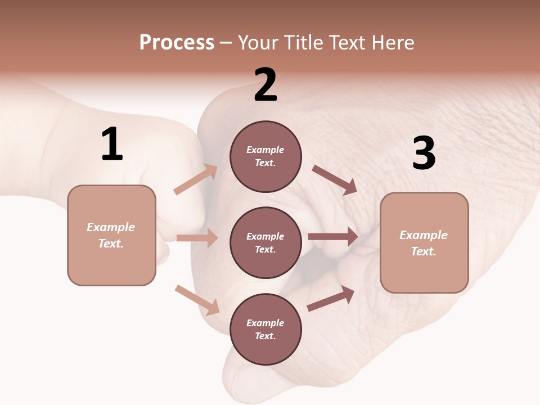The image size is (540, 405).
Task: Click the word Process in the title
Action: tap(177, 43)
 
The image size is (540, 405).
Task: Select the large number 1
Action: tap(112, 145)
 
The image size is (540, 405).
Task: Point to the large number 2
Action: tap(265, 85)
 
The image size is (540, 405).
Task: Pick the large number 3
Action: tap(424, 154)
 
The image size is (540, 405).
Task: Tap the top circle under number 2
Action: tap(265, 156)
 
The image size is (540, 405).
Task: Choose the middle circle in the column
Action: tap(265, 242)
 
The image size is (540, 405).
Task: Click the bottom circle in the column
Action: tap(265, 329)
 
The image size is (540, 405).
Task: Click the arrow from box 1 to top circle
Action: tap(195, 179)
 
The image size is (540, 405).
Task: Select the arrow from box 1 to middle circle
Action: tap(197, 238)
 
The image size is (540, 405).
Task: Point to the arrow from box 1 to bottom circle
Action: tap(197, 300)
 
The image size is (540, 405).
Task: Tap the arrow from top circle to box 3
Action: tap(334, 180)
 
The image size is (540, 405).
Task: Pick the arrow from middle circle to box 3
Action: tap(333, 237)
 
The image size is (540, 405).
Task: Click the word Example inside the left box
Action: tap(111, 227)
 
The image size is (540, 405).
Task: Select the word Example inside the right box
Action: tap(424, 235)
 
